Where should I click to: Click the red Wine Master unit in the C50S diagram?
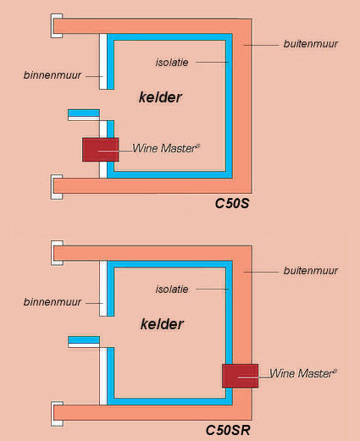pos(100,150)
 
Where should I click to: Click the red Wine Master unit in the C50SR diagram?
pos(240,376)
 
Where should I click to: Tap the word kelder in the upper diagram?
pos(160,97)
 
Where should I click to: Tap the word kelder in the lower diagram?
pos(162,324)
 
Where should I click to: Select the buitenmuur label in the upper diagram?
pos(311,44)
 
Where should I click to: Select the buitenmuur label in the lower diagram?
pos(311,271)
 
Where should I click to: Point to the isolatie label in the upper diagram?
pos(172,63)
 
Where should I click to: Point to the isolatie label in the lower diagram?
pos(172,289)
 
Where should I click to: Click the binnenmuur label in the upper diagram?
pos(53,75)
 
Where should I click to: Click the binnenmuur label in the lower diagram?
pos(53,302)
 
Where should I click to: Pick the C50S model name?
pos(232,203)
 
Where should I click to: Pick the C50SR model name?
pos(228,430)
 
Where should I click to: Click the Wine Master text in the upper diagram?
pos(166,148)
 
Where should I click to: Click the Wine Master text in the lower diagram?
pos(303,373)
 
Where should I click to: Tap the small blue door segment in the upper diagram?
pos(84,113)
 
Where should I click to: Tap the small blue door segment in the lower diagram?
pos(84,339)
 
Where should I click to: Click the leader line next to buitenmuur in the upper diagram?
pos(261,45)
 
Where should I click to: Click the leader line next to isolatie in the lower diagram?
pos(213,289)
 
